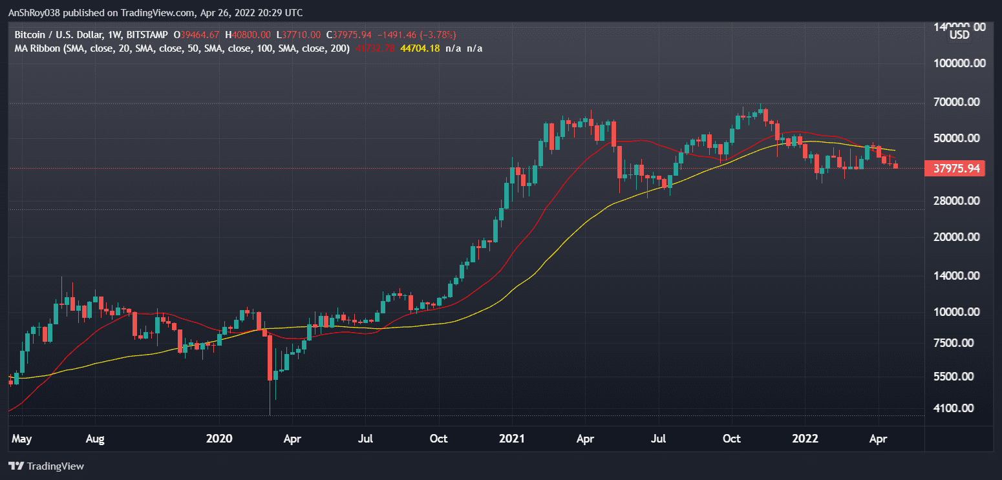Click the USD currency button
click(959, 35)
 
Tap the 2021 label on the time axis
click(512, 439)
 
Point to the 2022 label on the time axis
click(805, 439)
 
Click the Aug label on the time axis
click(95, 439)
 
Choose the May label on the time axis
click(22, 439)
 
